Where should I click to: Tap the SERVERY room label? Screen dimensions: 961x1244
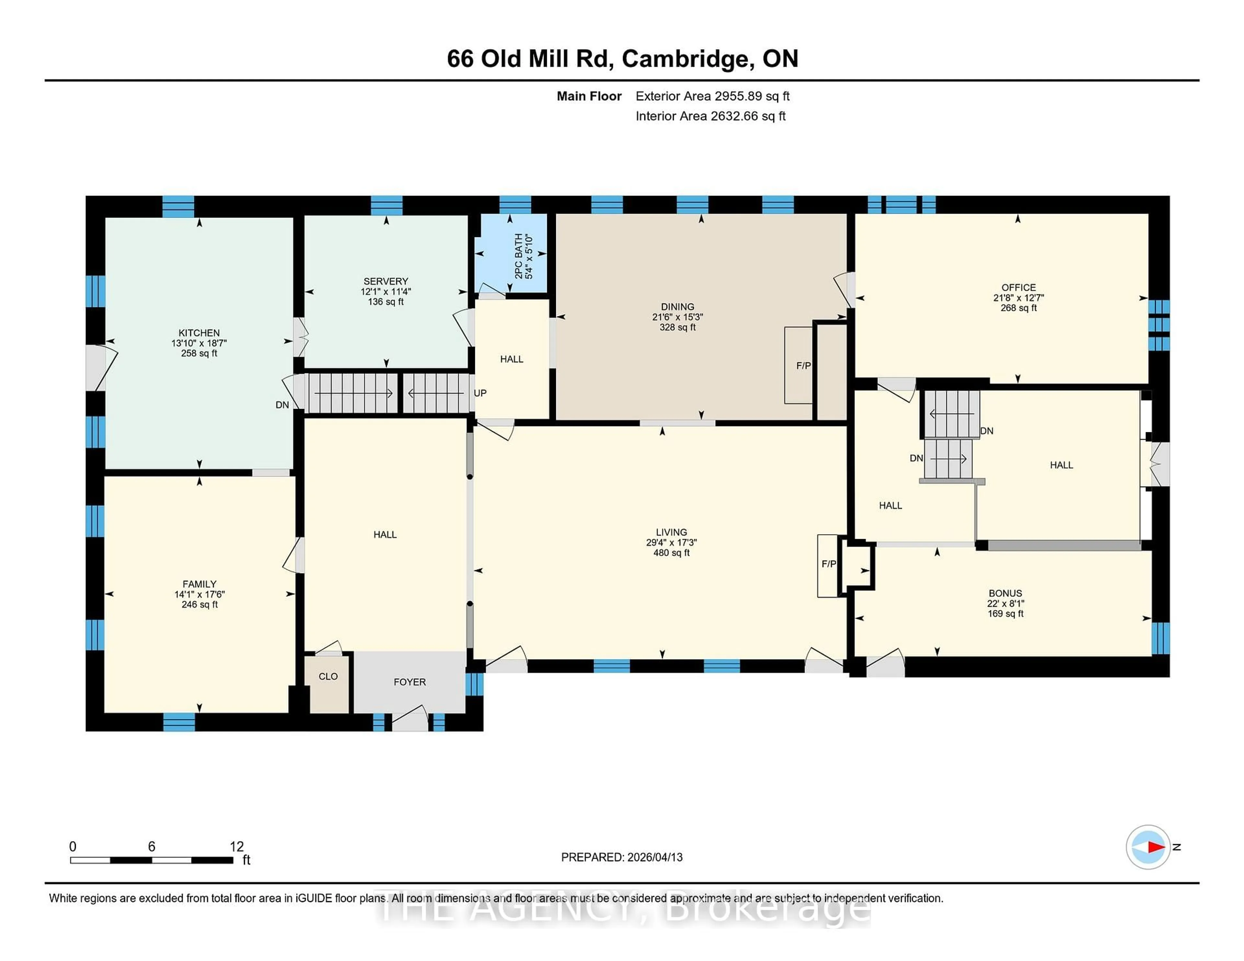point(386,281)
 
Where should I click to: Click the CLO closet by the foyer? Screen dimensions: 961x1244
point(328,676)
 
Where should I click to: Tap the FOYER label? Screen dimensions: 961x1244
point(409,682)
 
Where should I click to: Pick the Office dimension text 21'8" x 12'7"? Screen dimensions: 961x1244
point(1019,298)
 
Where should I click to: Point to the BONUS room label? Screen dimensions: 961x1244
point(1005,593)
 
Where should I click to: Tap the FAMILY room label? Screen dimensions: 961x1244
point(199,584)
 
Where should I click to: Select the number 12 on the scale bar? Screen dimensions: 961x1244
point(236,847)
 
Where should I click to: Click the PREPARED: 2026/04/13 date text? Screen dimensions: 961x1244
point(621,857)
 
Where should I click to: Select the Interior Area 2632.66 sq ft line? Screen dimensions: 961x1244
point(710,116)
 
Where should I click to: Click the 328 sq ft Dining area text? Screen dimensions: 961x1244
point(677,327)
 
